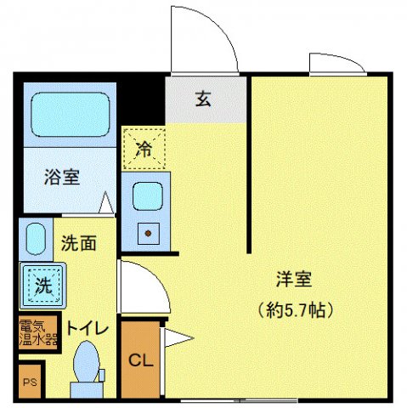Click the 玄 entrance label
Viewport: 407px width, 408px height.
pos(204,99)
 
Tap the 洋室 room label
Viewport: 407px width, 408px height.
pos(293,278)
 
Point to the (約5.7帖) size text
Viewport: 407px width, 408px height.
pos(293,308)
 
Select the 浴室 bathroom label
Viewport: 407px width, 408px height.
pos(62,178)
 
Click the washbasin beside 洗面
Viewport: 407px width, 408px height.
pos(35,240)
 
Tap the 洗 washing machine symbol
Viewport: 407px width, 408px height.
pos(41,285)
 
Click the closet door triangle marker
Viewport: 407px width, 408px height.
pos(176,338)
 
